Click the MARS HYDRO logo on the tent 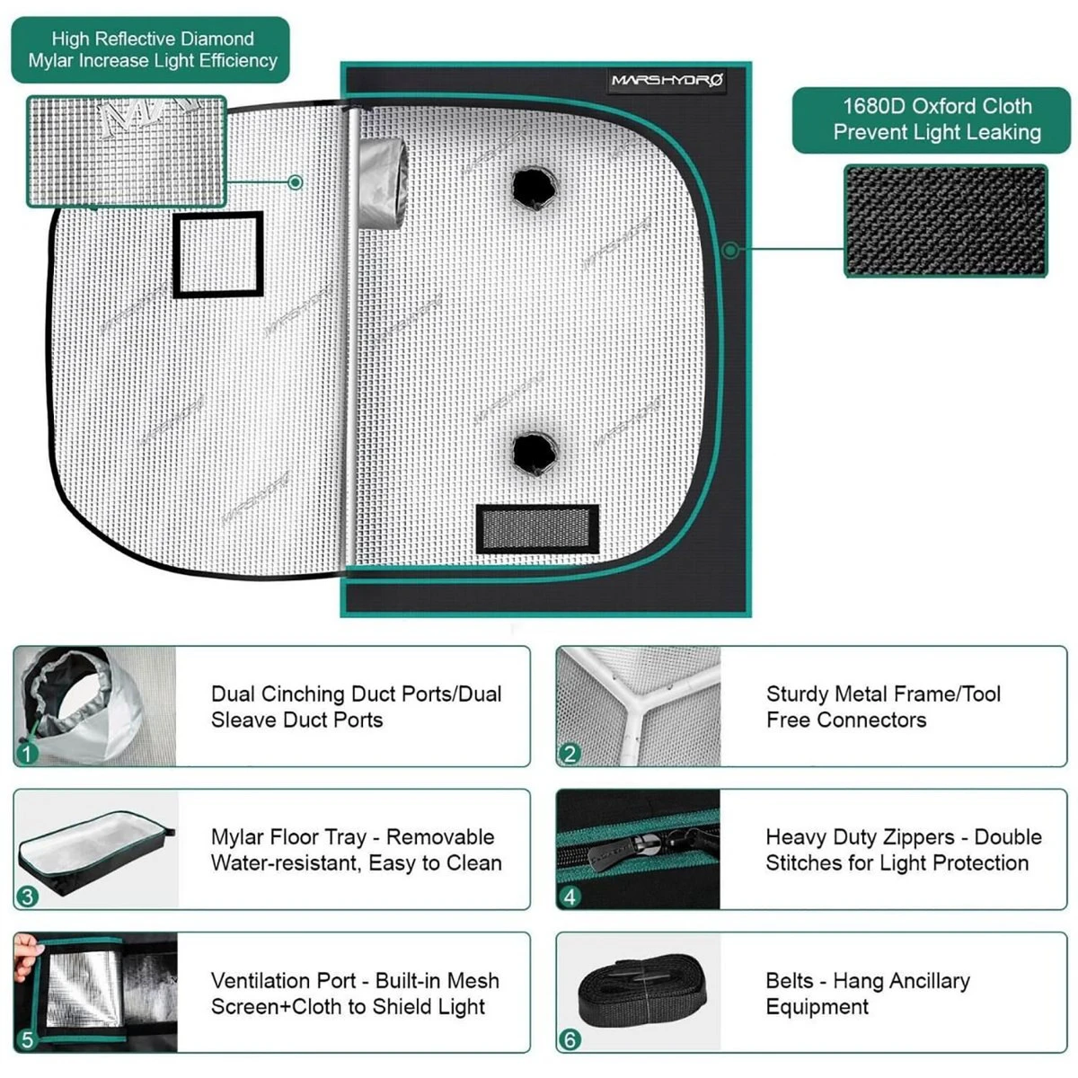pos(667,81)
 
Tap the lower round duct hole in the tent pos(534,452)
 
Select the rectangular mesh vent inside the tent pos(536,528)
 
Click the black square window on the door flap pos(217,255)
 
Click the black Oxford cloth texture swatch pos(945,221)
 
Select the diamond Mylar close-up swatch pos(126,151)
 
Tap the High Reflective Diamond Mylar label pos(151,50)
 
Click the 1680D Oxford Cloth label pos(936,119)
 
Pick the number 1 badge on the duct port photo pos(28,753)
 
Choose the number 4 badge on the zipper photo pos(570,896)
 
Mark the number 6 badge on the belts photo pos(570,1039)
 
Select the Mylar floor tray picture pos(94,849)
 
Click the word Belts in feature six pos(789,981)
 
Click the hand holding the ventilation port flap pos(26,951)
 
